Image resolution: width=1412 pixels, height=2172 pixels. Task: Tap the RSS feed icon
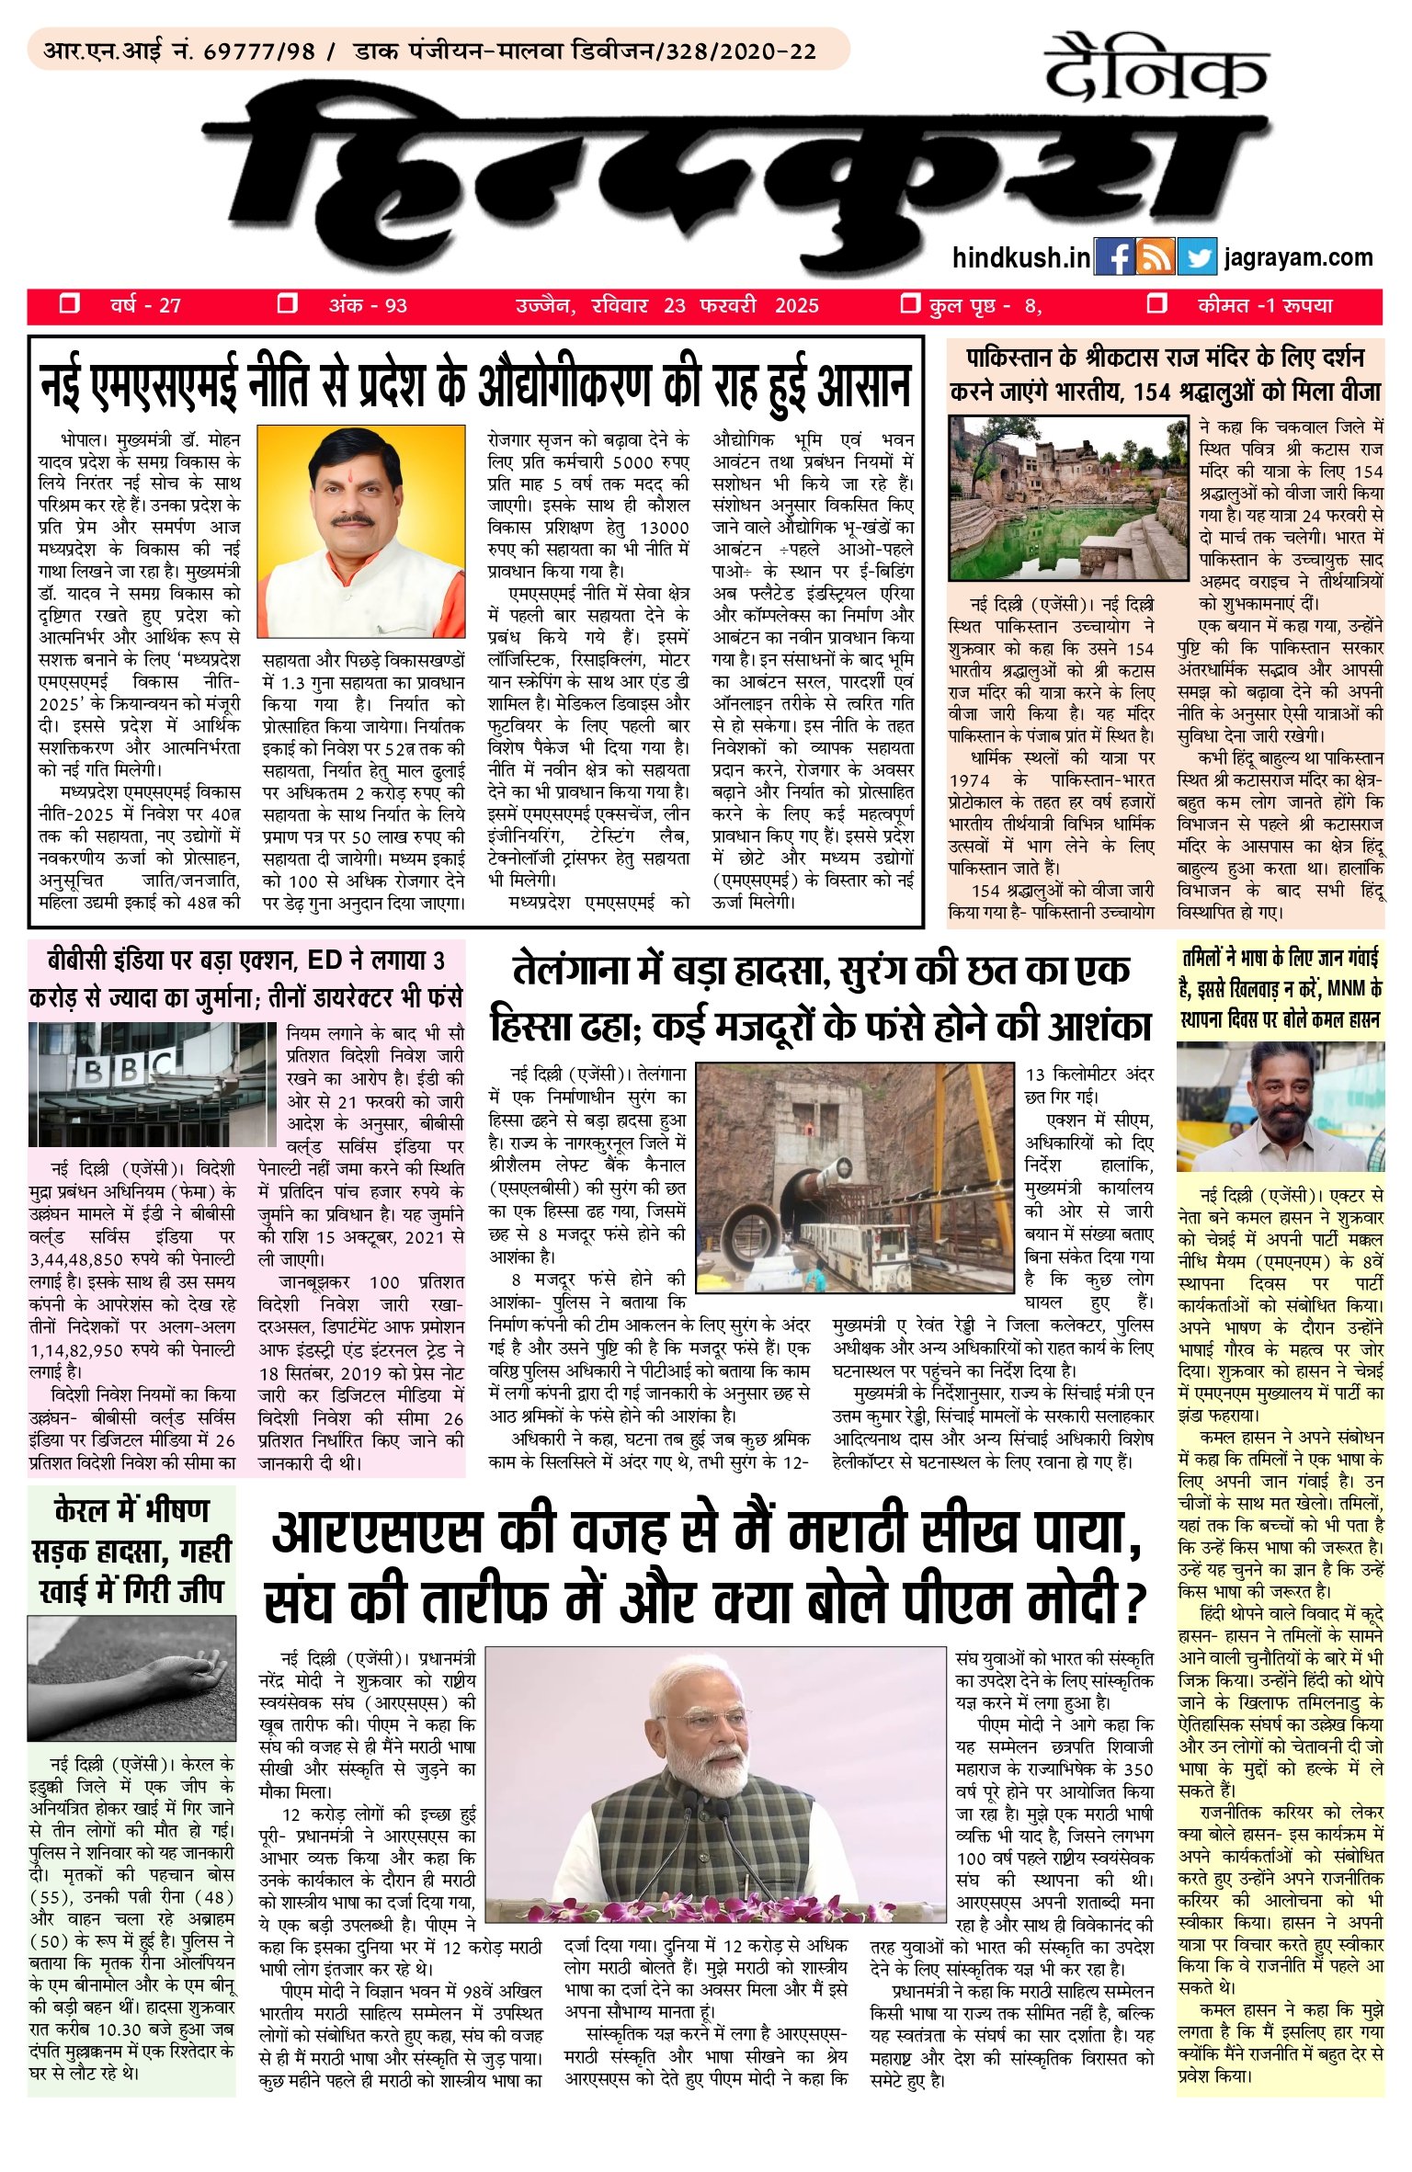[1155, 257]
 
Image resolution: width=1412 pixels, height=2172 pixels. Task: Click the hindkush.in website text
[1021, 257]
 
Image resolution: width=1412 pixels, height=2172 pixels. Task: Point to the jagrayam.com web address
[1299, 257]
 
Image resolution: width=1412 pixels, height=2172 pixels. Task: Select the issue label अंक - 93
[368, 306]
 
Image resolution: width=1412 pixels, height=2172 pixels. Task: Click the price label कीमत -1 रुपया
[1264, 306]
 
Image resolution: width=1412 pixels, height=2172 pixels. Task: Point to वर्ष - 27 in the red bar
[145, 306]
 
